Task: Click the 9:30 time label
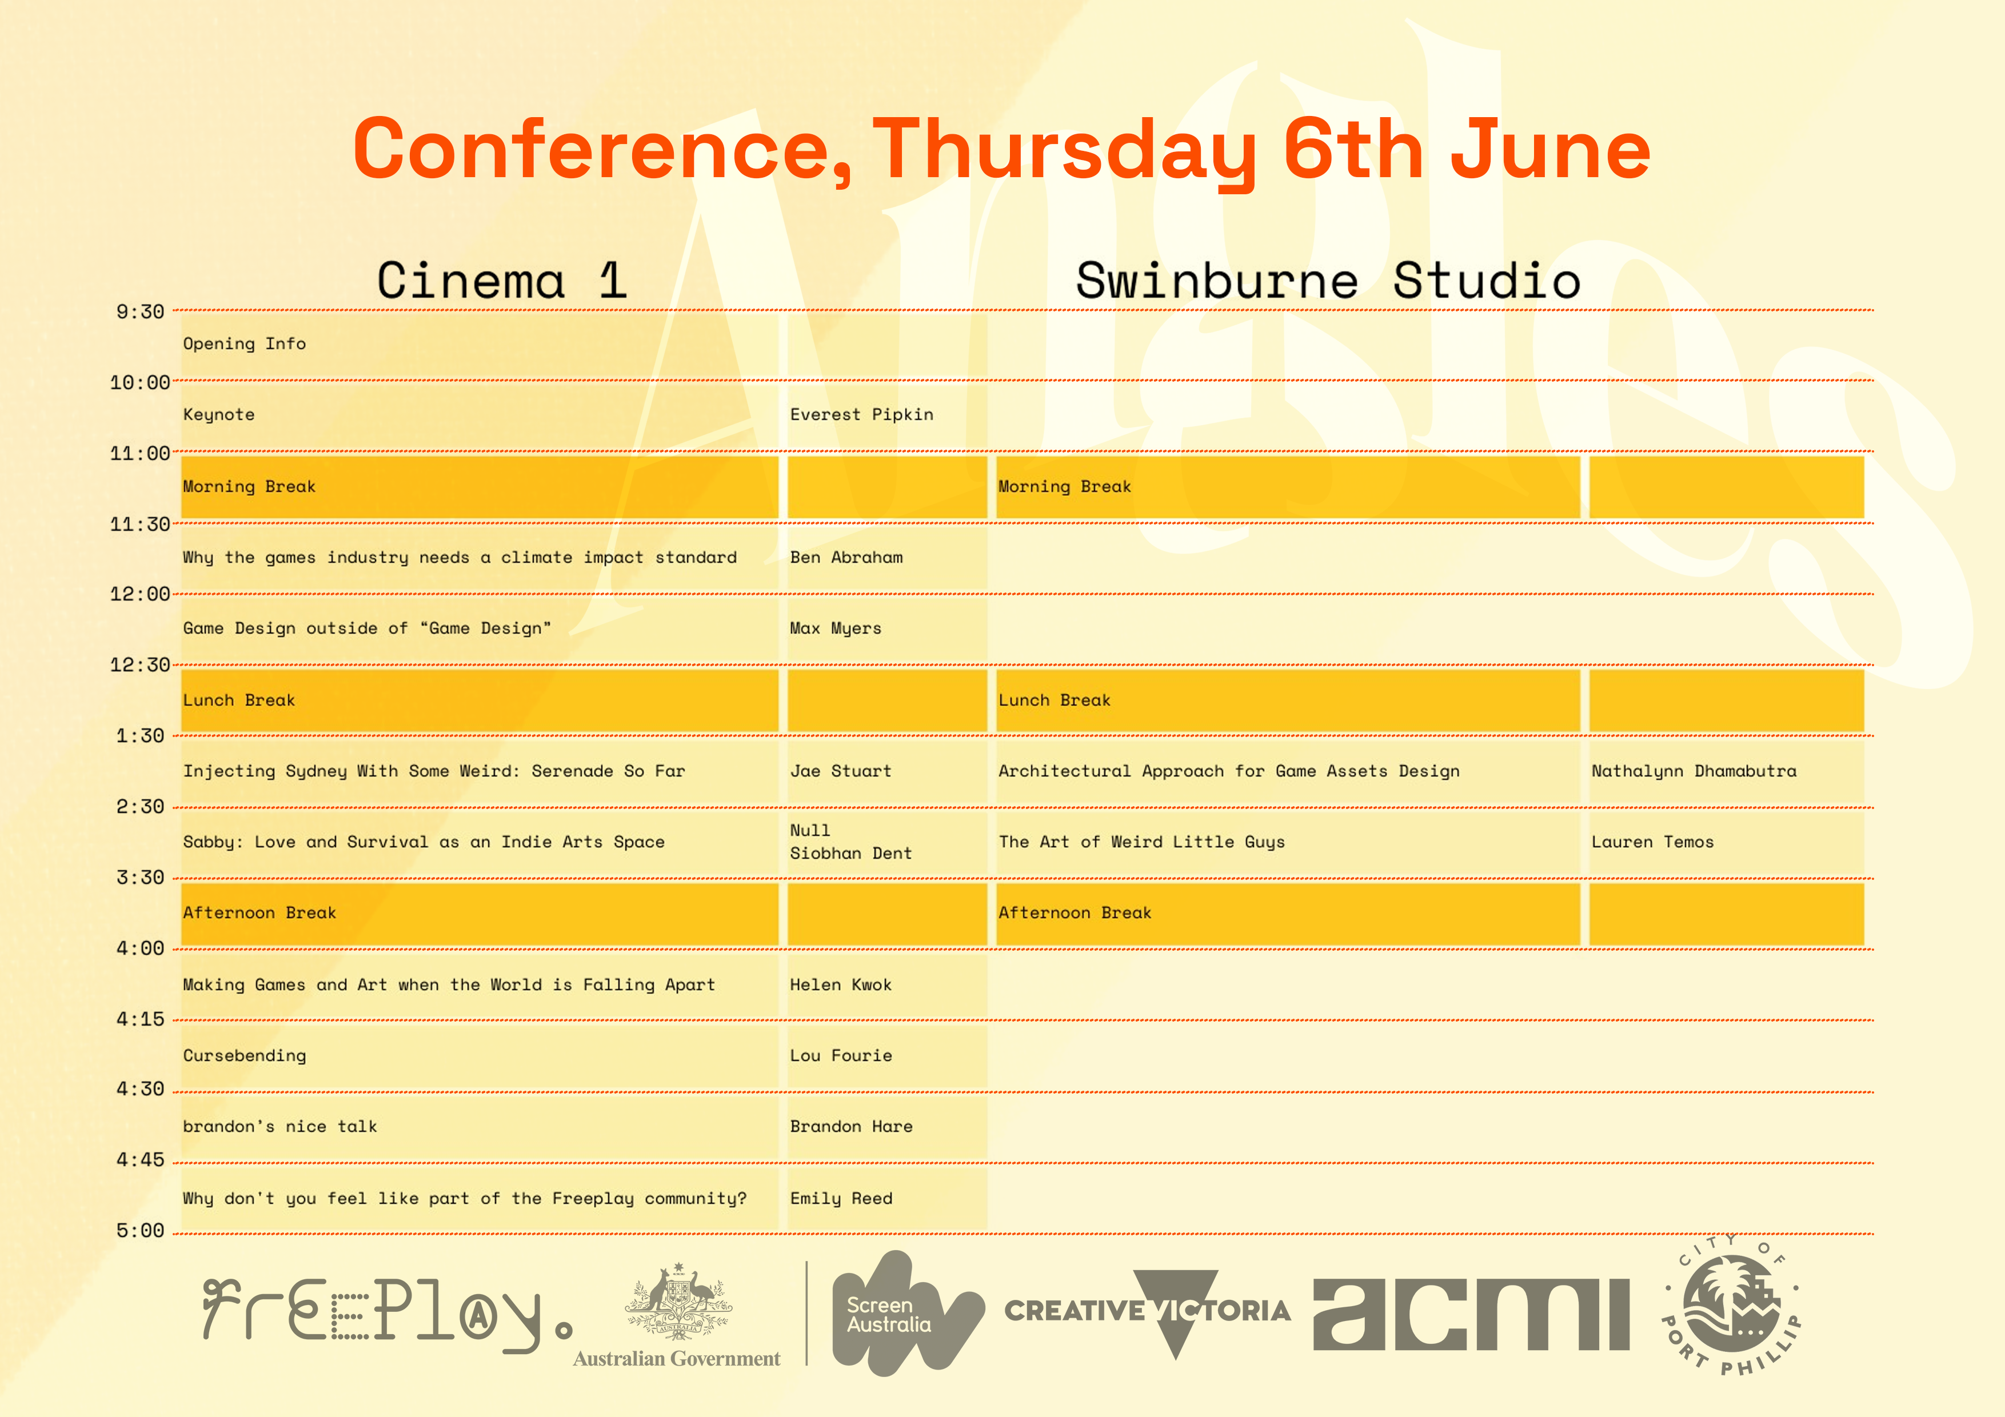pyautogui.click(x=139, y=312)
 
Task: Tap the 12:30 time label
pyautogui.click(x=139, y=665)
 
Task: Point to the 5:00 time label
pyautogui.click(x=139, y=1231)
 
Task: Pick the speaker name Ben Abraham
pyautogui.click(x=846, y=557)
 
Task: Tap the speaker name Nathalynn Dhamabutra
pyautogui.click(x=1694, y=771)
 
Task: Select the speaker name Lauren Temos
pyautogui.click(x=1652, y=842)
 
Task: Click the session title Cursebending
pyautogui.click(x=245, y=1055)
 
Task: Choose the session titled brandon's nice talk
pyautogui.click(x=279, y=1126)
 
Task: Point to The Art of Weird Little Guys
pyautogui.click(x=1141, y=842)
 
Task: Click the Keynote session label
pyautogui.click(x=218, y=415)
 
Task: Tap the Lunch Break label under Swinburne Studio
pyautogui.click(x=1054, y=700)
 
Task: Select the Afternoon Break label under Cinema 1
pyautogui.click(x=259, y=912)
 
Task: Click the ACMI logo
pyautogui.click(x=1471, y=1315)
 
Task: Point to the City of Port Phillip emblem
pyautogui.click(x=1731, y=1305)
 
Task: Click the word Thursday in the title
pyautogui.click(x=1064, y=150)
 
